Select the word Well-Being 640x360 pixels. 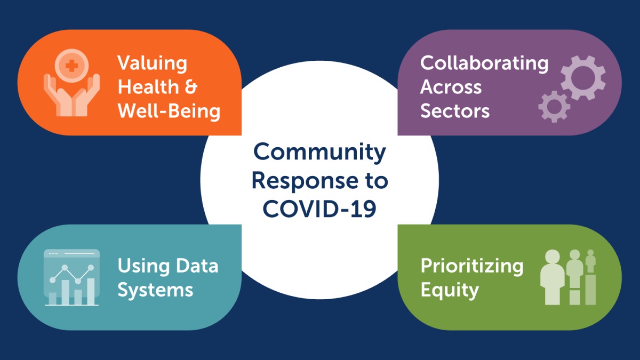point(169,110)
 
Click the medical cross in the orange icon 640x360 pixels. point(71,66)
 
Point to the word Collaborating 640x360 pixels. point(484,64)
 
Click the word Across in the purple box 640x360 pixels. point(451,86)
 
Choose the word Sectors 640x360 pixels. point(455,110)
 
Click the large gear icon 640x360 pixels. point(583,78)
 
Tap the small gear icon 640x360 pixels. point(554,107)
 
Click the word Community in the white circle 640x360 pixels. point(319,153)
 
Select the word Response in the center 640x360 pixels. point(305,181)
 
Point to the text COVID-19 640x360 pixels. point(319,209)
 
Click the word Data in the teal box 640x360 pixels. point(197,266)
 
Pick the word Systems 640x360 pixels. point(155,290)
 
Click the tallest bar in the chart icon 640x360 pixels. point(91,291)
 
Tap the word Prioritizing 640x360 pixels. point(471,266)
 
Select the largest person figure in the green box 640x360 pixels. point(553,277)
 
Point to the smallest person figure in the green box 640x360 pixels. point(590,261)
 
